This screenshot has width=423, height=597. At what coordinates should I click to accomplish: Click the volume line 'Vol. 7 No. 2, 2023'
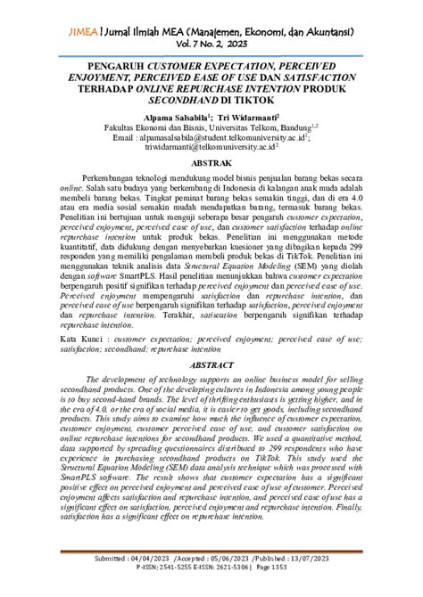(x=211, y=44)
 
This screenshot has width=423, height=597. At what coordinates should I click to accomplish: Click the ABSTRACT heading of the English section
(x=211, y=365)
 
